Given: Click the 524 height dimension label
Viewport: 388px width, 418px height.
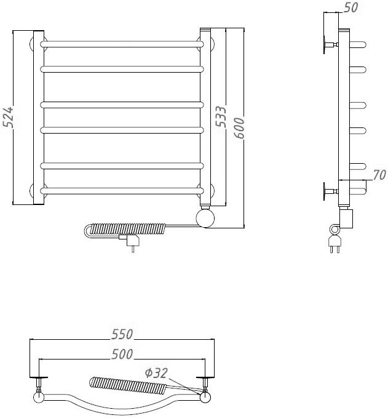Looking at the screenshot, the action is coord(8,117).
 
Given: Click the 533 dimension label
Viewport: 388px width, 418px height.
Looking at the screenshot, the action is coord(221,116).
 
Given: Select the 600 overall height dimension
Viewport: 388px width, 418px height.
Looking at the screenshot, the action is coord(239,128).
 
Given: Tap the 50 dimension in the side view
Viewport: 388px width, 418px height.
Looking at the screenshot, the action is coord(350,7).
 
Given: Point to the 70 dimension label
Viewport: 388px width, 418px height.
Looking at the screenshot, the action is coord(379,175).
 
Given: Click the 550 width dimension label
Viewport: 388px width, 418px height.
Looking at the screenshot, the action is coord(122,334).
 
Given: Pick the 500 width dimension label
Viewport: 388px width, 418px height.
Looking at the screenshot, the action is coord(122,354).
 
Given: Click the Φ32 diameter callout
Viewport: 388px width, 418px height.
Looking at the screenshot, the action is coord(156,373).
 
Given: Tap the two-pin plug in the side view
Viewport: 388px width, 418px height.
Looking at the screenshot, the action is coord(335,244).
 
